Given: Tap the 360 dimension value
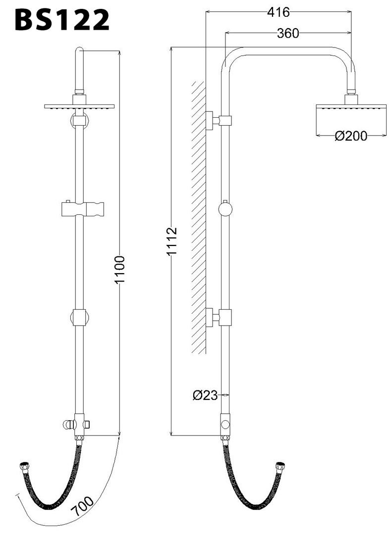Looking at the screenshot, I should (x=288, y=33).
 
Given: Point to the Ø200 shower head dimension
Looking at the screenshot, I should (x=351, y=136).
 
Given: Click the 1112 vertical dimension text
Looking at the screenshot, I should (x=171, y=241).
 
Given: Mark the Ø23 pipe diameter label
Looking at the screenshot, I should (x=204, y=395).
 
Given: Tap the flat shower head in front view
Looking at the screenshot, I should (x=79, y=106).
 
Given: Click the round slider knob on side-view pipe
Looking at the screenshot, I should (x=225, y=209).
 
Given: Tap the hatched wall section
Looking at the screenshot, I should (x=199, y=218).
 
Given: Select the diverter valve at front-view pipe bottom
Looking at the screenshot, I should (x=77, y=425).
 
